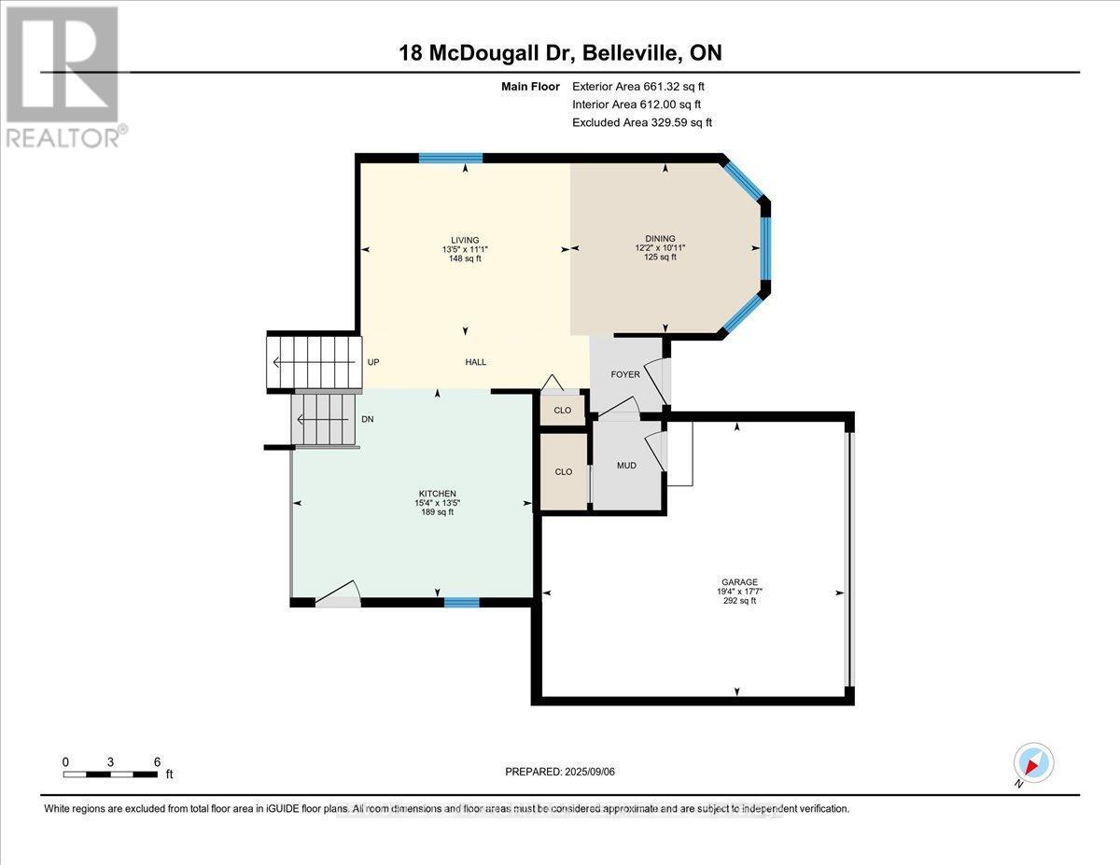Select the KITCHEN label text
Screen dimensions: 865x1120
coord(437,494)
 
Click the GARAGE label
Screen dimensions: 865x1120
coord(737,582)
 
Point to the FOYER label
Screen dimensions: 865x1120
coord(625,375)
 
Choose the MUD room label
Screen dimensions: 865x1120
coord(626,465)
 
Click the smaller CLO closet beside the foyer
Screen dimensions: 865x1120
coord(563,411)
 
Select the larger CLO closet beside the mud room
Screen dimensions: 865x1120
coord(564,472)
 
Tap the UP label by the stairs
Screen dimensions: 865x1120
coord(373,363)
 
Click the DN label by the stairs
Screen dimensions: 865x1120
coord(368,420)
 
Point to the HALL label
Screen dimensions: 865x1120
coord(476,363)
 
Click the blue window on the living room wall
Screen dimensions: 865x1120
coord(450,159)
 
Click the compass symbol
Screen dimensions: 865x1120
coord(1033,763)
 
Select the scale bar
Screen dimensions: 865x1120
coord(110,774)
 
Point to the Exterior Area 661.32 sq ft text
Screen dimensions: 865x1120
coord(644,87)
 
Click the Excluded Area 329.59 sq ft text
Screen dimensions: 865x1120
coord(642,122)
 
